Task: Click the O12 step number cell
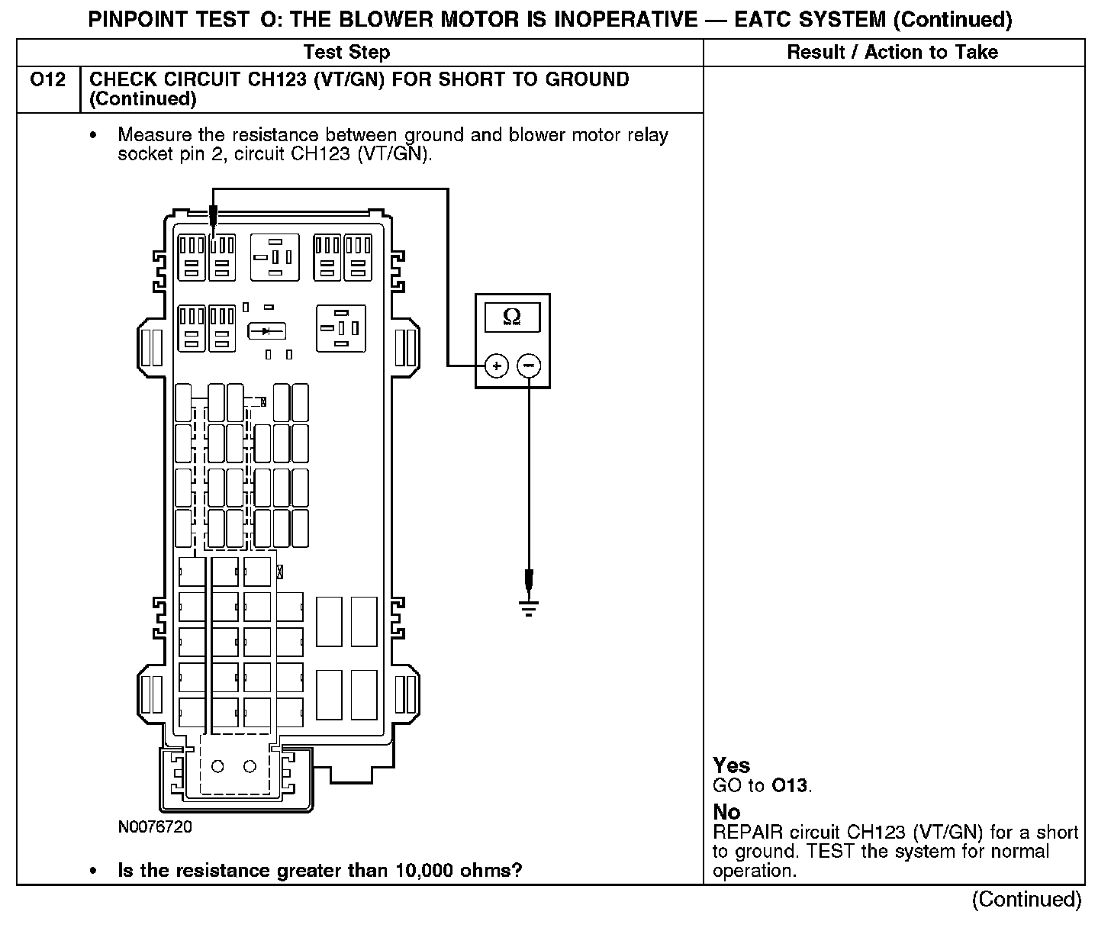47,80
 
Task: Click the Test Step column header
346,53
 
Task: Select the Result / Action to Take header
892,53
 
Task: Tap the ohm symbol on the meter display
512,317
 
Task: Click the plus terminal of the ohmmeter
496,366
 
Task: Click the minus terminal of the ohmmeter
529,366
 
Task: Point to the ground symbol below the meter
529,607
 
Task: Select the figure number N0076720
155,827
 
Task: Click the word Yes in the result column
731,765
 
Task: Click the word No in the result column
726,812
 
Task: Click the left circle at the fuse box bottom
217,766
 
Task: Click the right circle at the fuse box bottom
250,766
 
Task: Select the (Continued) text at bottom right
1026,900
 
